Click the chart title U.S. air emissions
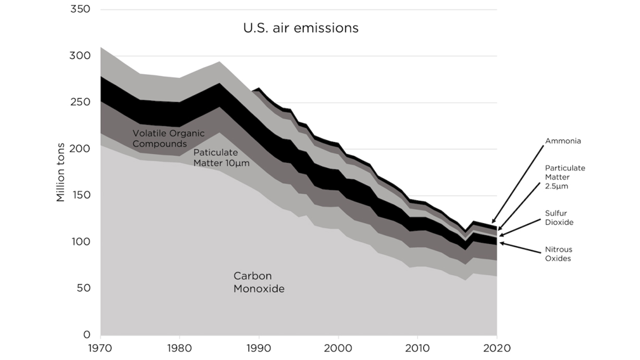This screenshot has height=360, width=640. [x=301, y=28]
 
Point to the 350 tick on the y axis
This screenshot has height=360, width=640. [x=79, y=9]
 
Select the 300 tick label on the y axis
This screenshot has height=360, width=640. [x=79, y=56]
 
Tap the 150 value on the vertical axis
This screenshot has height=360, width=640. [x=79, y=195]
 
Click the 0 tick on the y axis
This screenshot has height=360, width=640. [x=87, y=335]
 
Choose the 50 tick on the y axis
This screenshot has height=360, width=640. [x=82, y=288]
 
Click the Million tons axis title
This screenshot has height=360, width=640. [x=61, y=172]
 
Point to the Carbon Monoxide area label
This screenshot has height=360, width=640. [x=259, y=282]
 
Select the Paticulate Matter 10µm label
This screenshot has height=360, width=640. [x=221, y=157]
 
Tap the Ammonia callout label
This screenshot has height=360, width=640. [x=563, y=141]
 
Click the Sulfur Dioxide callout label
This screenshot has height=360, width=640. [x=559, y=218]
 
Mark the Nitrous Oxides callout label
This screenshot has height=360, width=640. [x=558, y=254]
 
